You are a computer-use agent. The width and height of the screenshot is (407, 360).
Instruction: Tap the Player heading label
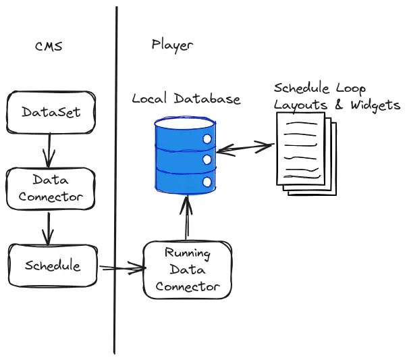pyautogui.click(x=171, y=45)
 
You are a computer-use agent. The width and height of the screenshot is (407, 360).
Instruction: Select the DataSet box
pyautogui.click(x=51, y=112)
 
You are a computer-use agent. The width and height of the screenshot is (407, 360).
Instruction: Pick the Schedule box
pyautogui.click(x=53, y=265)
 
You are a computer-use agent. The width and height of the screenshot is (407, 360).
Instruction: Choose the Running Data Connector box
pyautogui.click(x=188, y=270)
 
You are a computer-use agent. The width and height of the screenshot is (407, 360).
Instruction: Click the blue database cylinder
pyautogui.click(x=184, y=153)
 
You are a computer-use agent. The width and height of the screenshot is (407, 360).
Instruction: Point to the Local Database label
pyautogui.click(x=186, y=99)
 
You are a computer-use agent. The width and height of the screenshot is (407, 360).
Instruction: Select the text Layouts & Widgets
pyautogui.click(x=336, y=105)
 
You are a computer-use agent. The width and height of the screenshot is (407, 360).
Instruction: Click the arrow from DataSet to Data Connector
pyautogui.click(x=48, y=150)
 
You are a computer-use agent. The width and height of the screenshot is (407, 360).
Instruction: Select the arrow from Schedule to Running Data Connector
pyautogui.click(x=121, y=269)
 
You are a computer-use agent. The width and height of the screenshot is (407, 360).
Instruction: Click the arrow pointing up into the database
pyautogui.click(x=186, y=216)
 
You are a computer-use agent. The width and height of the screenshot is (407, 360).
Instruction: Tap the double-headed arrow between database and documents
pyautogui.click(x=245, y=147)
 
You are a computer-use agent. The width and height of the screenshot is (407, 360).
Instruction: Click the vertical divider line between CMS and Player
pyautogui.click(x=116, y=182)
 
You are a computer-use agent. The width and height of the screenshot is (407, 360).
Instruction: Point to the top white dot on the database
pyautogui.click(x=207, y=139)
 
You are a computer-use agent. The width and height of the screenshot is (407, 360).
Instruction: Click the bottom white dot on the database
pyautogui.click(x=207, y=181)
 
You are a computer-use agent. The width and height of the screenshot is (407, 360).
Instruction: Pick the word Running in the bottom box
pyautogui.click(x=188, y=255)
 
